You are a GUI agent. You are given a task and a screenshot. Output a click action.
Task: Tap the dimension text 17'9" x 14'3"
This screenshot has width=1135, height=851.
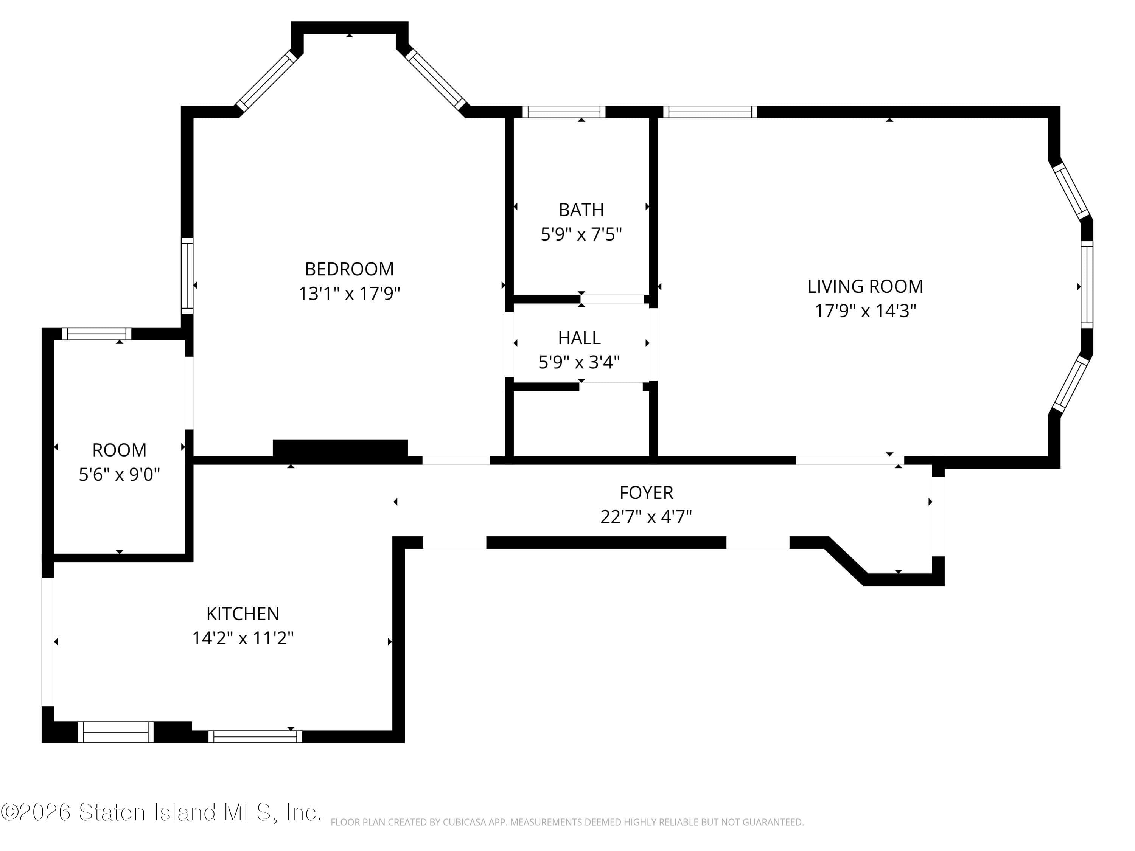tap(865, 311)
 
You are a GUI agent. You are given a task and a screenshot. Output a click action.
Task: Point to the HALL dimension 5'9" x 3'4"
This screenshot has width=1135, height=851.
tap(579, 362)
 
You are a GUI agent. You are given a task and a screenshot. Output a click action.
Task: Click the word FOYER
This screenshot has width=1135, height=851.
tap(646, 492)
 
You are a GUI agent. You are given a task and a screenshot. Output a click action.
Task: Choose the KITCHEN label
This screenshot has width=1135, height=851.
tap(243, 613)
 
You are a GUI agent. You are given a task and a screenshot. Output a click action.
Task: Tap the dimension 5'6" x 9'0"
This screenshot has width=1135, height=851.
tap(119, 475)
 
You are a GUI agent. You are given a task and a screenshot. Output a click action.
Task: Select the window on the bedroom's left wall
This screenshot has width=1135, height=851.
tap(187, 275)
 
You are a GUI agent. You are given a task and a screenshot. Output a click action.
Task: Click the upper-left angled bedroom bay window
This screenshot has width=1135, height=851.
tap(266, 81)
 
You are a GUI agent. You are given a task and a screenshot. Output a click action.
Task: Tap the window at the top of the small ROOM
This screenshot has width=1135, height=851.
tap(96, 334)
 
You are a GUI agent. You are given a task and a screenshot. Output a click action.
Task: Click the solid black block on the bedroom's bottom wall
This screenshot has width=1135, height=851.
tap(340, 448)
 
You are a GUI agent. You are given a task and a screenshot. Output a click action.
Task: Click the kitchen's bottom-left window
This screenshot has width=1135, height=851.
tap(115, 732)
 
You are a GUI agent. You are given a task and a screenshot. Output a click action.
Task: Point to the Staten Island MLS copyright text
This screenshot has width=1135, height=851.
tap(161, 812)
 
